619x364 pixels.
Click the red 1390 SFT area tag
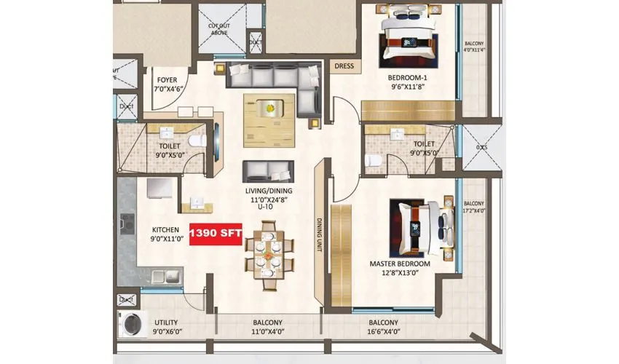[216, 234]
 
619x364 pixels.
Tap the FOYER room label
[167, 80]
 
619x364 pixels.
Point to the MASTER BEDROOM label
[400, 264]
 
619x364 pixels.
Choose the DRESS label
[344, 66]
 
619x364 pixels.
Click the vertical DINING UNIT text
[319, 234]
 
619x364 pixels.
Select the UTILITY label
[165, 323]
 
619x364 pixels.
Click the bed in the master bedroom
[419, 224]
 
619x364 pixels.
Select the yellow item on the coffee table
[271, 108]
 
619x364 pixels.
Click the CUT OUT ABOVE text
[218, 30]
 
